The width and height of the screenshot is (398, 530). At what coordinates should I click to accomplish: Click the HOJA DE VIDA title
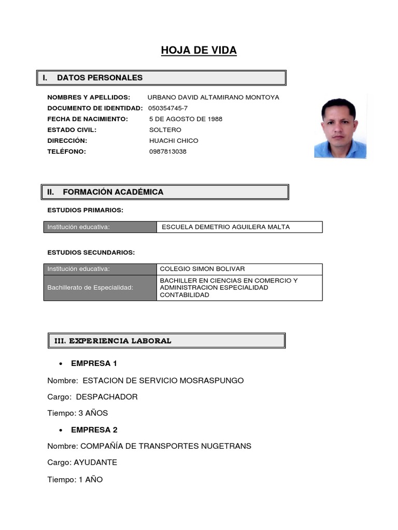[198, 50]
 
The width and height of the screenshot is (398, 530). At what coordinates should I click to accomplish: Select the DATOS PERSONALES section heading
[99, 78]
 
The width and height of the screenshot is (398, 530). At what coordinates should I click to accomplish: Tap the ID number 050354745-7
[168, 108]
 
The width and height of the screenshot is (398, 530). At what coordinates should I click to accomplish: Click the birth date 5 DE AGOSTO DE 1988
[186, 119]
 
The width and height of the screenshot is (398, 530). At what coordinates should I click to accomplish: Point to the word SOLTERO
[165, 130]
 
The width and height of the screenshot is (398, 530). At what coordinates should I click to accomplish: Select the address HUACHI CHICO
[174, 141]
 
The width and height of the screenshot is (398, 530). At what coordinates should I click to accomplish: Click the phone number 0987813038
[167, 152]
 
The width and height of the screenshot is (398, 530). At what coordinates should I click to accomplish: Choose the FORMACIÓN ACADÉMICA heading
[112, 192]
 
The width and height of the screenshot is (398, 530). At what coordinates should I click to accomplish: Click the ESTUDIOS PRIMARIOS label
[85, 210]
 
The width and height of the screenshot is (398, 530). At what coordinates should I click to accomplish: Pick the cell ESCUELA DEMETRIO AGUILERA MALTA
[226, 227]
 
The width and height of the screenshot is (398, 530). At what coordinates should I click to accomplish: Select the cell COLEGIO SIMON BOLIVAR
[202, 269]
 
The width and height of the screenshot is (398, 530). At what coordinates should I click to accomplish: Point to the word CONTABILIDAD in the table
[184, 295]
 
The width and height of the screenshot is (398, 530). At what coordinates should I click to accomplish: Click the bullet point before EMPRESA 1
[61, 364]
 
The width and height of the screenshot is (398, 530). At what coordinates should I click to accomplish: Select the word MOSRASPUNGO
[211, 380]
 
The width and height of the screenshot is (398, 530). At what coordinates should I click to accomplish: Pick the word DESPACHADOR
[107, 397]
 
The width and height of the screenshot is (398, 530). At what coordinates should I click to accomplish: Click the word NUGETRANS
[224, 446]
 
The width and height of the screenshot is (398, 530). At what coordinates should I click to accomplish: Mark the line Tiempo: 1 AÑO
[75, 479]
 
